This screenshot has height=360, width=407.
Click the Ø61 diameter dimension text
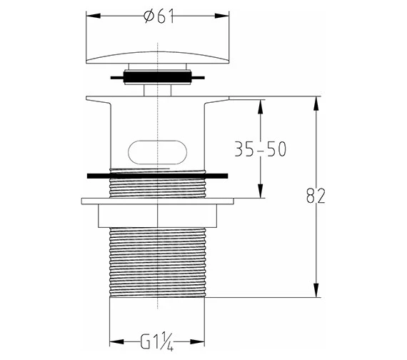point(159,16)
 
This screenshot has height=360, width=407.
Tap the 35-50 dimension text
point(261,149)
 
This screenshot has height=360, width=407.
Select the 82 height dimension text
point(316,196)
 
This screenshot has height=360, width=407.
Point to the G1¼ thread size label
point(157,342)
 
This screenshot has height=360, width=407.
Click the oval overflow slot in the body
point(158,152)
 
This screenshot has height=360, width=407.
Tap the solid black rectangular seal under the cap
point(158,77)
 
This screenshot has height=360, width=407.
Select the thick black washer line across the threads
point(158,176)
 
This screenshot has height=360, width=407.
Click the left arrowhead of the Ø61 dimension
point(94,16)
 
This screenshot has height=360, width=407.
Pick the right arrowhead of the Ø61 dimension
point(221,16)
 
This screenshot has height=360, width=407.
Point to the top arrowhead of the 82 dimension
point(316,104)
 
